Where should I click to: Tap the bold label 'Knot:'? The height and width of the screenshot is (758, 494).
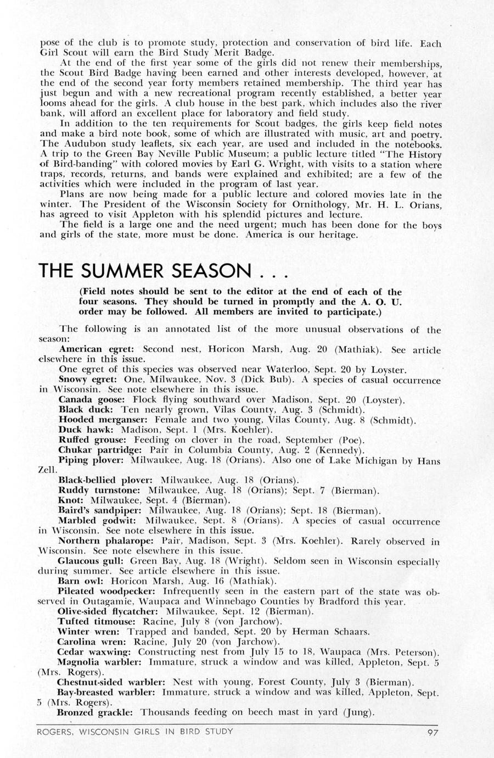click(70, 500)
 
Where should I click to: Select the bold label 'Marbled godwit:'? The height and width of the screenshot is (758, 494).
click(89, 520)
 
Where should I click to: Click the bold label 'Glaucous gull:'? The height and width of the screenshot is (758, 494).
click(87, 561)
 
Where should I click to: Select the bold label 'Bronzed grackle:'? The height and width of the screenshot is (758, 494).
click(95, 712)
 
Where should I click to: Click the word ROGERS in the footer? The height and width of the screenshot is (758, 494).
click(55, 732)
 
